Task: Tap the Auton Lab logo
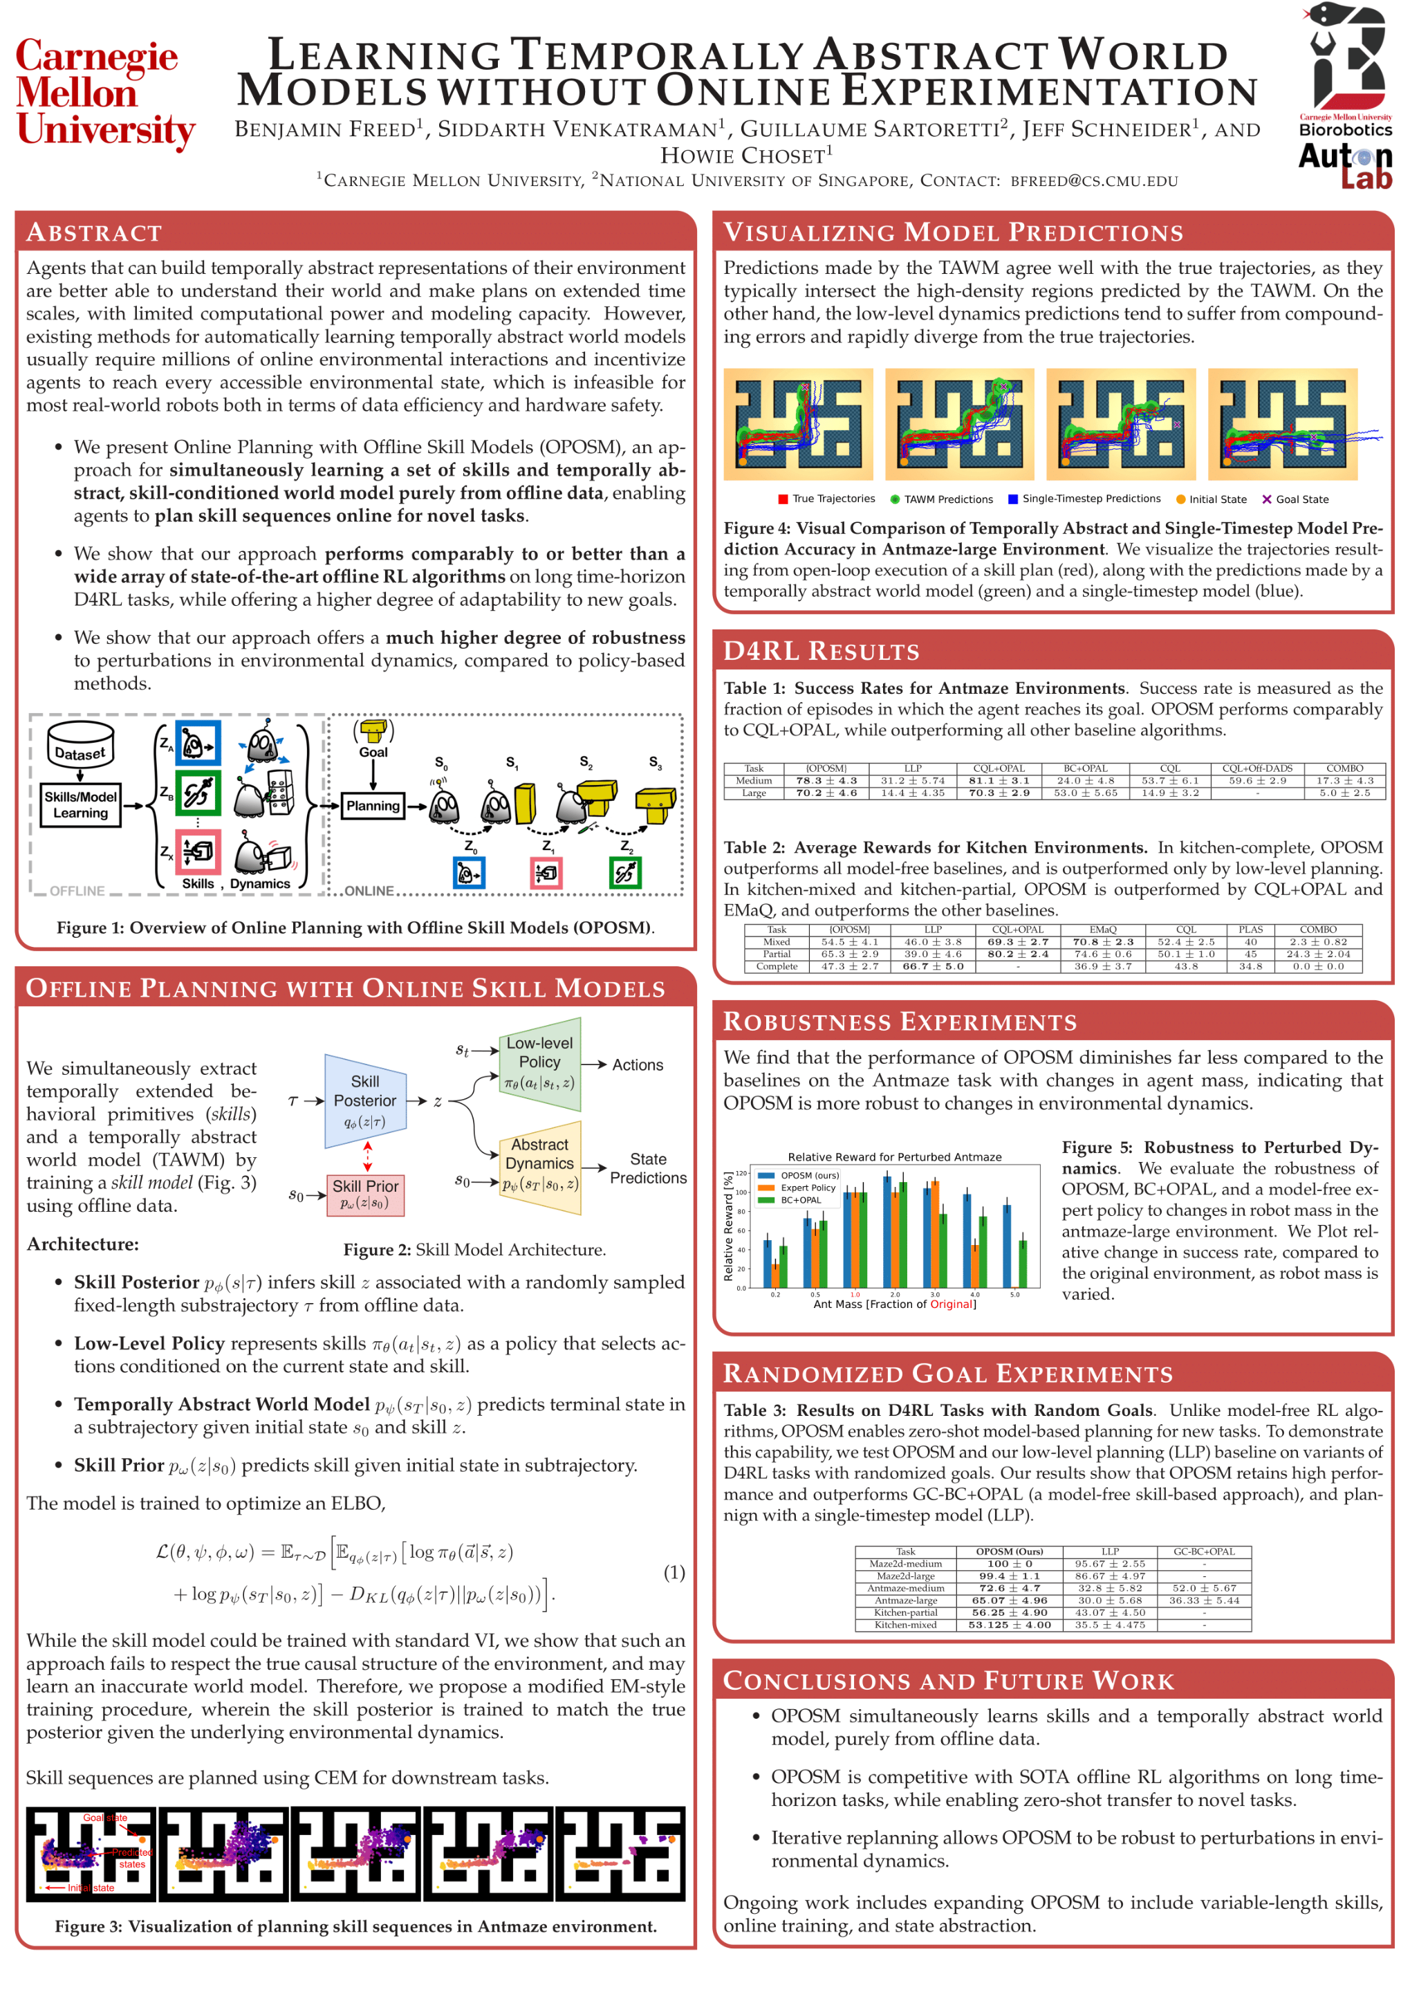click(x=1345, y=166)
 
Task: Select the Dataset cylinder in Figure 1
click(x=81, y=745)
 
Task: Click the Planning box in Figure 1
click(x=373, y=805)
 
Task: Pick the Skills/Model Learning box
click(x=81, y=805)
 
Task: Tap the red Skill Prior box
click(x=366, y=1194)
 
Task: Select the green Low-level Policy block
click(x=540, y=1063)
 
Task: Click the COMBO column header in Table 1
click(x=1344, y=768)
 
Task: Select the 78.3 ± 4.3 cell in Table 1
click(x=826, y=781)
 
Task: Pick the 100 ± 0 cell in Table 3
click(x=1009, y=1564)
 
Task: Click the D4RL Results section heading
click(x=820, y=652)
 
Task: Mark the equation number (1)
click(x=674, y=1573)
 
